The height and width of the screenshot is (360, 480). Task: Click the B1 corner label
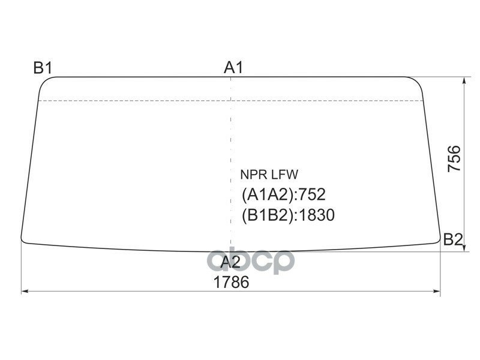pos(43,68)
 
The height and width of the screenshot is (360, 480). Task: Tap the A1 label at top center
pos(233,67)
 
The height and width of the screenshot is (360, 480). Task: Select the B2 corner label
pos(453,239)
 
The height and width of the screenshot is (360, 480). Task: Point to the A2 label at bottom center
pos(230,262)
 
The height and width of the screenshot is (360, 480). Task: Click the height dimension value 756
pos(454,159)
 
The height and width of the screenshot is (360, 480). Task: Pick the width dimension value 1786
pos(231,282)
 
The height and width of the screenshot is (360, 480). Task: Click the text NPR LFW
pos(269,175)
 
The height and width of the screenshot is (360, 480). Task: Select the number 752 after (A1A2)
pos(311,194)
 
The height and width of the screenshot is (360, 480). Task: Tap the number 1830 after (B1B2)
pos(316,215)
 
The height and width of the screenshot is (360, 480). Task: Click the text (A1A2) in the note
pos(268,194)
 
